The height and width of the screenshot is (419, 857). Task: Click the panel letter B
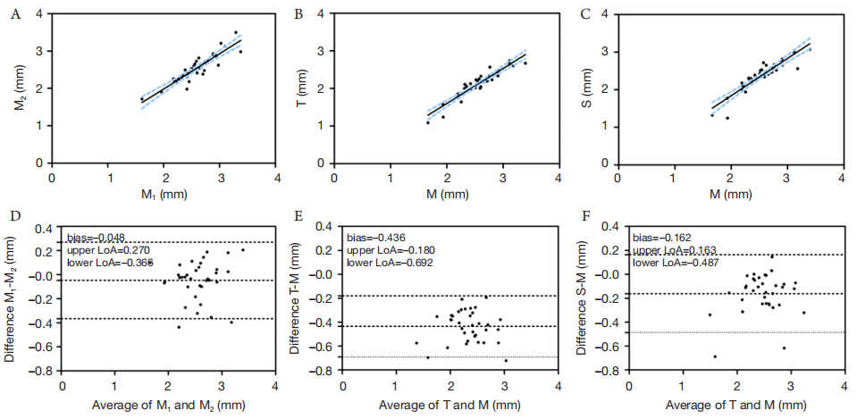pyautogui.click(x=298, y=13)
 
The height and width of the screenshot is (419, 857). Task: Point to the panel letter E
pyautogui.click(x=298, y=217)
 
